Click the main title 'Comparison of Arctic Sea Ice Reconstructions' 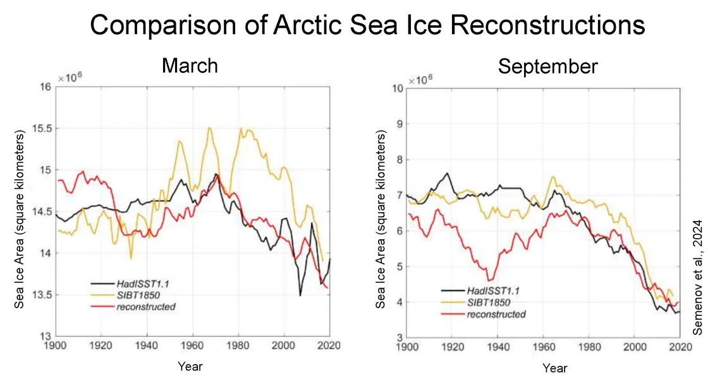367,25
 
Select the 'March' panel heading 190,65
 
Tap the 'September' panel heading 547,66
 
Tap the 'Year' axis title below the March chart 190,366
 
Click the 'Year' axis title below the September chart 554,368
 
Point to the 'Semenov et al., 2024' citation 698,277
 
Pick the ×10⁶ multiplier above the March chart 70,78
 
